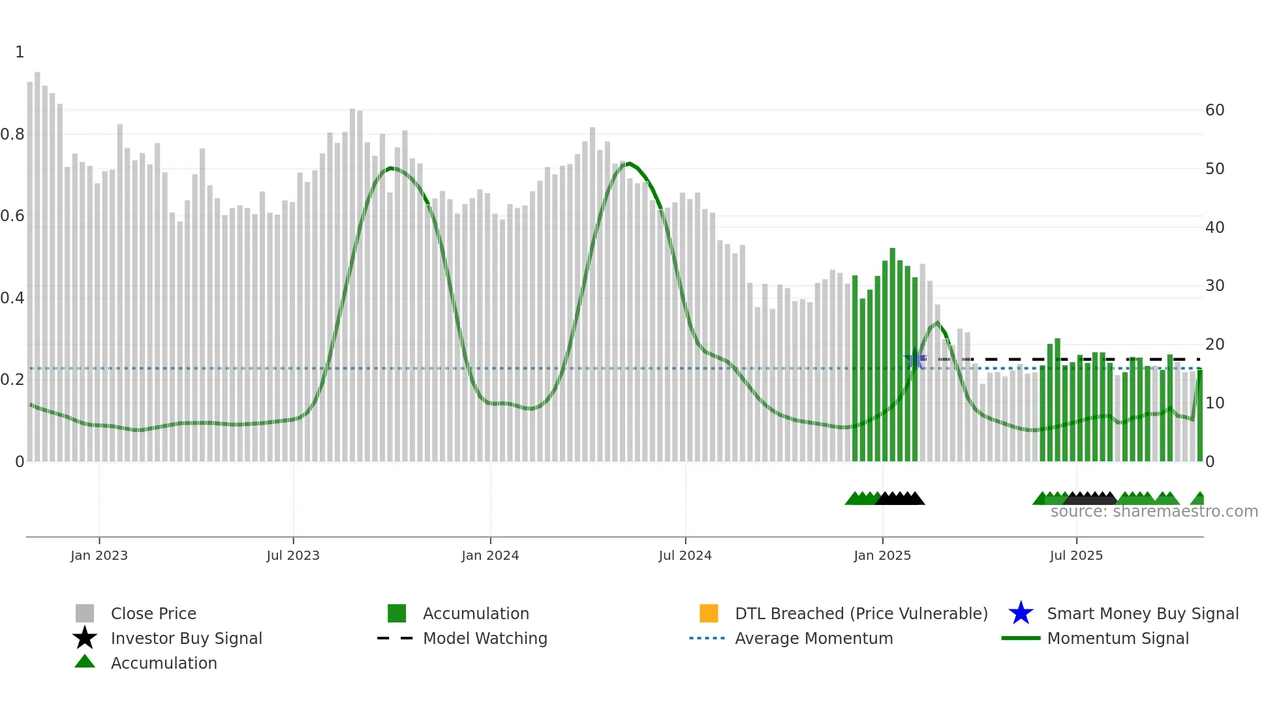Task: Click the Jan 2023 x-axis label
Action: click(99, 555)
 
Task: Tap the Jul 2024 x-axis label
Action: click(685, 555)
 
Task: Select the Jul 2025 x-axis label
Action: click(1076, 555)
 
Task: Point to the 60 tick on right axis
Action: click(1214, 110)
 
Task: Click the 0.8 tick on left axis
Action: click(12, 134)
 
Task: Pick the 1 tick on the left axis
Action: click(20, 52)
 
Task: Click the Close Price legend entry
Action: click(153, 613)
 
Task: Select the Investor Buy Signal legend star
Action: click(85, 638)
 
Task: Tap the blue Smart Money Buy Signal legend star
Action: click(1021, 613)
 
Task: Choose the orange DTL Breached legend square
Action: click(709, 613)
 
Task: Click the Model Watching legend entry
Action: click(485, 638)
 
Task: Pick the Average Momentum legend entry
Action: click(814, 638)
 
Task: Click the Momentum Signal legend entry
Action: click(1118, 638)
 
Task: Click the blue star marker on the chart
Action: click(915, 359)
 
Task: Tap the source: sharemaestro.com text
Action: click(1154, 512)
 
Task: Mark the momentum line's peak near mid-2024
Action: click(628, 163)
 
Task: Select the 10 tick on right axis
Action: click(1214, 403)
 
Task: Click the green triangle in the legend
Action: click(85, 662)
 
